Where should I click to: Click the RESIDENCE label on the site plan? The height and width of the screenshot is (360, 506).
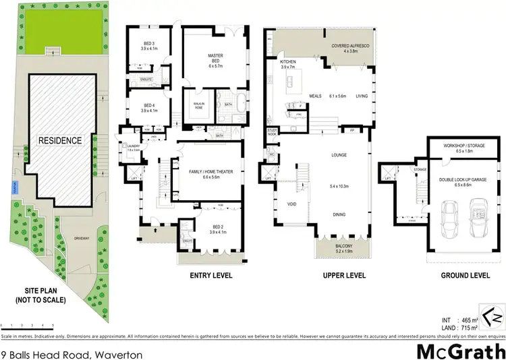point(60,140)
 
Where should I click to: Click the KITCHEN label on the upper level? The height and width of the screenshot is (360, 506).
point(288,61)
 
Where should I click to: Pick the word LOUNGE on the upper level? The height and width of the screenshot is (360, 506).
point(339,155)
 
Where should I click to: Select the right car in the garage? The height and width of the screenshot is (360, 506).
point(478,219)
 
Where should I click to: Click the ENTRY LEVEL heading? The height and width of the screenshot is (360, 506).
point(211,276)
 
